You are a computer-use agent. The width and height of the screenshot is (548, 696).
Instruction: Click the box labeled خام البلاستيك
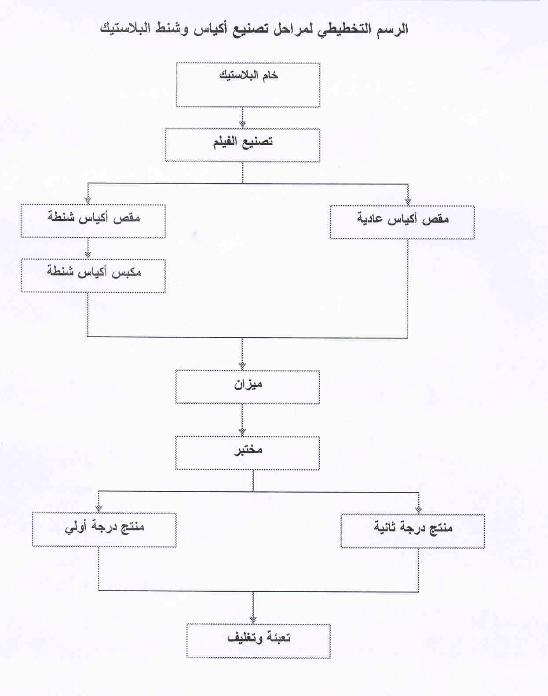click(248, 85)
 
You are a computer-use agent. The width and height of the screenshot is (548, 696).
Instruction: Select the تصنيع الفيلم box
click(242, 145)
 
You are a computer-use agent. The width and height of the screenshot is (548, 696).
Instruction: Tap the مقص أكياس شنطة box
click(93, 221)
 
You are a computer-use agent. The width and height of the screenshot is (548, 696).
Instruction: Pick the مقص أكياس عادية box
click(402, 222)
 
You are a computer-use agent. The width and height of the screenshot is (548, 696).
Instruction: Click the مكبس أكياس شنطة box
click(93, 276)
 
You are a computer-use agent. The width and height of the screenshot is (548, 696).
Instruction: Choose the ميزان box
click(248, 387)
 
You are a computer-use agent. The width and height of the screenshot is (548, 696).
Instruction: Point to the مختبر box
click(248, 453)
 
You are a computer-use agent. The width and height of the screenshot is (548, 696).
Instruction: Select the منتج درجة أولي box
click(104, 530)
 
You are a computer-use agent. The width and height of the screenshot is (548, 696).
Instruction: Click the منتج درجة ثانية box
click(413, 531)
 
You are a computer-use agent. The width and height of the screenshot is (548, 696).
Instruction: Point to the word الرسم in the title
click(391, 29)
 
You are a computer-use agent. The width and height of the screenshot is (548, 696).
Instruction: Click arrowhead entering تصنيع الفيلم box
click(243, 125)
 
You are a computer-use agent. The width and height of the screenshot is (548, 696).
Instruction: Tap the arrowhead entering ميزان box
click(242, 366)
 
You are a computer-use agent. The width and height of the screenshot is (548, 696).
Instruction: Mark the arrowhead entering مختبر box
click(242, 432)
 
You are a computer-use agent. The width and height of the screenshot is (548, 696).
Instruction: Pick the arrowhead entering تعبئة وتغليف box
click(253, 620)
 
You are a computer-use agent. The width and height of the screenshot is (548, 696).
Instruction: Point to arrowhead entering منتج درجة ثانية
click(418, 510)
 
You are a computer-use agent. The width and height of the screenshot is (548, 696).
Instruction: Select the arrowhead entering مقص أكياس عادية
click(408, 202)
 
